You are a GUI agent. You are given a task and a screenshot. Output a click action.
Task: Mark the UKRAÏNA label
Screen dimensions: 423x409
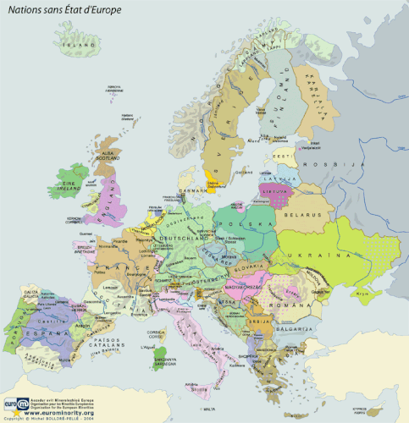[341, 255]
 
